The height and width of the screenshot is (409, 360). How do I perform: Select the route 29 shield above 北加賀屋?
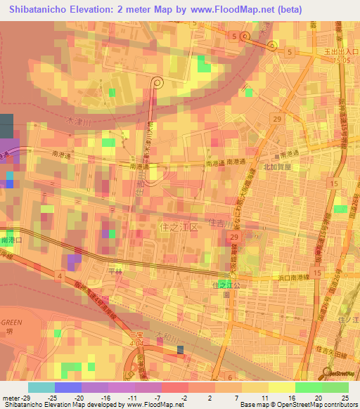tap(277, 119)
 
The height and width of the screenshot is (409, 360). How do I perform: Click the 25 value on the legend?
tap(345, 397)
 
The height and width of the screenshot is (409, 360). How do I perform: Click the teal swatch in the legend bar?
tap(41, 387)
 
